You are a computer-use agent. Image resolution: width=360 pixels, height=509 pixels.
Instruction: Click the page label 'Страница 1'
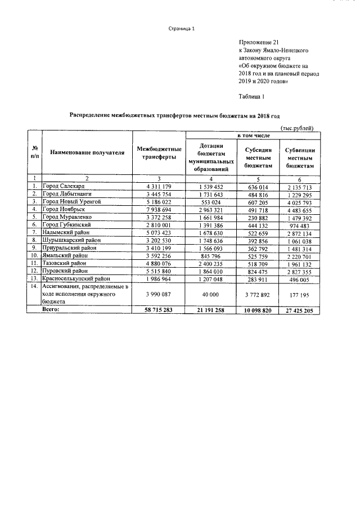(182, 29)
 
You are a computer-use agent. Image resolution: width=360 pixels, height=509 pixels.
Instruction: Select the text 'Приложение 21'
(259, 42)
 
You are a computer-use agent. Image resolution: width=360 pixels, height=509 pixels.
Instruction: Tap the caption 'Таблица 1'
(251, 96)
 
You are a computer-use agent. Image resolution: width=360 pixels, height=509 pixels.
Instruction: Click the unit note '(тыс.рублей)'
(297, 129)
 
